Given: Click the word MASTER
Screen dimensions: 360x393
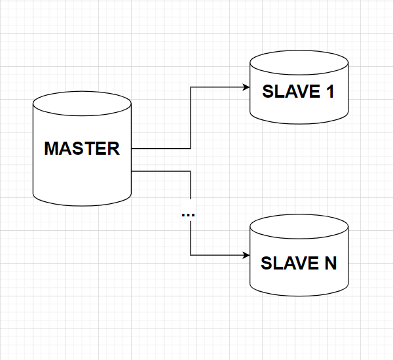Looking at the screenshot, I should click(x=82, y=148).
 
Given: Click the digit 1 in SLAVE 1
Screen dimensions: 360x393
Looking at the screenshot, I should click(x=329, y=92).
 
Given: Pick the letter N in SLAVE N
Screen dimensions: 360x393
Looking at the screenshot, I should click(x=329, y=264).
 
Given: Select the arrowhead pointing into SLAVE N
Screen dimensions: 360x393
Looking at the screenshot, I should click(x=246, y=255).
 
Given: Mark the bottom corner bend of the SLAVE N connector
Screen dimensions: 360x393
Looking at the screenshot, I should click(x=191, y=255).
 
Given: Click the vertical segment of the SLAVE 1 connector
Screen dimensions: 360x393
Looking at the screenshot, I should click(x=191, y=118).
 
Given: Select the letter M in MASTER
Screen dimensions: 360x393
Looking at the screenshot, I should click(x=52, y=148).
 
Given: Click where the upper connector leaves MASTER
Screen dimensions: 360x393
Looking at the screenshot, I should click(x=132, y=148).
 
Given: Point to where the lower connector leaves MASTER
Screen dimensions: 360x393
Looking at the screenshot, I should click(x=132, y=171).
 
